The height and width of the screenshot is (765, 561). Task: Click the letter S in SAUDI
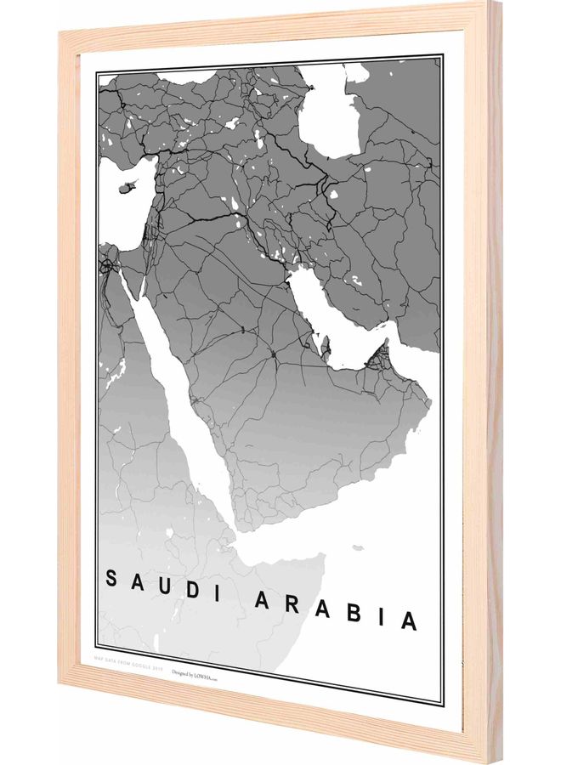[x=111, y=576]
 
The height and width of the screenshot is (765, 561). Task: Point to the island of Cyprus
[x=130, y=185]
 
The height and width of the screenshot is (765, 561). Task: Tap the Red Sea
[x=183, y=399]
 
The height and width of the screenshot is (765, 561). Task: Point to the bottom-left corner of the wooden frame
[x=61, y=690]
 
